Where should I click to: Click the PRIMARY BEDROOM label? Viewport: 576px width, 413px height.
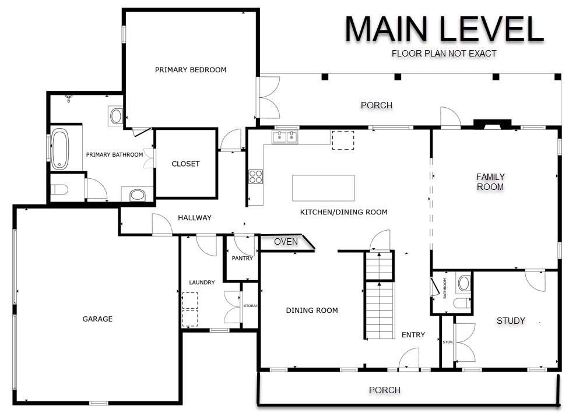click(191, 70)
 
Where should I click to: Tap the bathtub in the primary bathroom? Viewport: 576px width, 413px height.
click(59, 149)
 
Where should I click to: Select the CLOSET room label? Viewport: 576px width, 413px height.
click(185, 164)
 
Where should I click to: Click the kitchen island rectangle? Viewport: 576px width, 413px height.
click(323, 188)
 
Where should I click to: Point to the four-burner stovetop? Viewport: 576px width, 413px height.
click(256, 177)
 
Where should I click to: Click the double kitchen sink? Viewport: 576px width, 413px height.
click(285, 137)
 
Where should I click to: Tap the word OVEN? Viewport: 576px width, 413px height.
click(286, 242)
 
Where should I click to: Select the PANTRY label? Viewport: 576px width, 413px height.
click(243, 259)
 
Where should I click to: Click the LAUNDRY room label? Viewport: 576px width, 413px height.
click(202, 283)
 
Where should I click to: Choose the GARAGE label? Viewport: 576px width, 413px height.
click(97, 319)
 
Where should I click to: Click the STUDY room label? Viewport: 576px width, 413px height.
click(511, 321)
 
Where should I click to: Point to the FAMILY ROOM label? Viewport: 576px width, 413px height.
click(490, 182)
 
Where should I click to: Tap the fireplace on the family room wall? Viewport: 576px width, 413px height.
click(492, 125)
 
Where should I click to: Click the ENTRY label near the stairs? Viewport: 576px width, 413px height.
click(413, 335)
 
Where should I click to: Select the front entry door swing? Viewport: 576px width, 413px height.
click(409, 358)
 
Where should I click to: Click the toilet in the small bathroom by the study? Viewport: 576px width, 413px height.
click(461, 303)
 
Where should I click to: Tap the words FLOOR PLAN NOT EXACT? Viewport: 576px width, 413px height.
click(444, 54)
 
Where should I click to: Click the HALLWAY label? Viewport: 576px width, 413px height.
click(194, 218)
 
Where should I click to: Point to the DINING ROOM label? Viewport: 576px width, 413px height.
click(312, 310)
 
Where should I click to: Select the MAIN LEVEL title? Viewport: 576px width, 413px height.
click(444, 29)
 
